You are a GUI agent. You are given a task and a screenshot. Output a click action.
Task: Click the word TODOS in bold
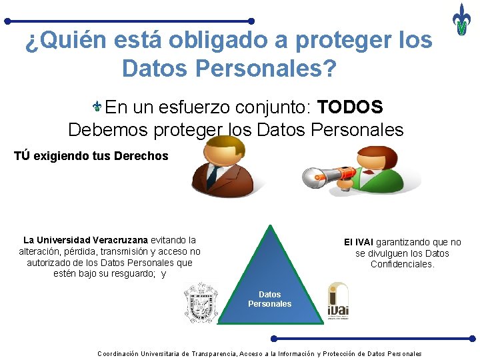tap(350, 107)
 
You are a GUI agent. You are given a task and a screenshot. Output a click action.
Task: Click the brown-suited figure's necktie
tap(213, 175)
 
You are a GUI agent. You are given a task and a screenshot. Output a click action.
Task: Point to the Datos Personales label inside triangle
tap(269, 299)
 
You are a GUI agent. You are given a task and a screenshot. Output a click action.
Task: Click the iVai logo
tap(338, 301)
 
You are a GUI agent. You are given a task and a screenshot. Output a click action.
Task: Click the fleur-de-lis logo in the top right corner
tap(461, 19)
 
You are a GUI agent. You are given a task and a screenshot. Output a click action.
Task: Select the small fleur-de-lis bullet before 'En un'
tap(97, 107)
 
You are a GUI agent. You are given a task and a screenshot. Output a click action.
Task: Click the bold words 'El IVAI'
tap(359, 242)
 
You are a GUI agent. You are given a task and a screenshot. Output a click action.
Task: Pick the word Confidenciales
tap(402, 264)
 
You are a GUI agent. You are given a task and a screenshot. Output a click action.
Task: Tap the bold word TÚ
tap(21, 156)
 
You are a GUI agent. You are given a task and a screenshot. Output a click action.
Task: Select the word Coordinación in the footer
tap(118, 353)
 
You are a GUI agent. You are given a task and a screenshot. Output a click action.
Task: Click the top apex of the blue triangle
tap(269, 225)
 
